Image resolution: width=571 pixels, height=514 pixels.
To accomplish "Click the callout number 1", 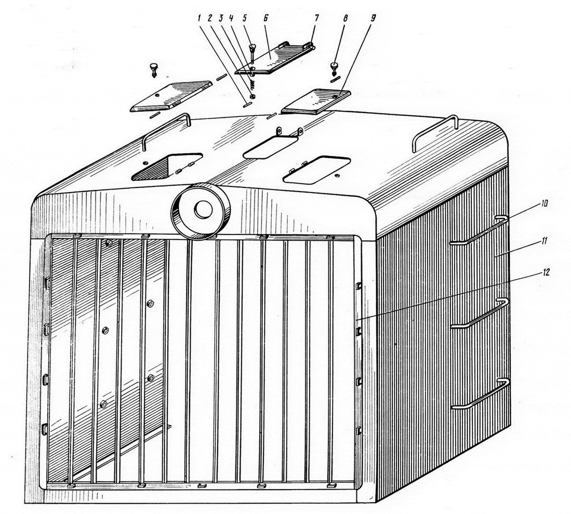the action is (x=200, y=18).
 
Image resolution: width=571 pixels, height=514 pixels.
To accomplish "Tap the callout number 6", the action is (x=265, y=18).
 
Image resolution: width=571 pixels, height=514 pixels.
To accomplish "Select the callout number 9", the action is (x=372, y=18).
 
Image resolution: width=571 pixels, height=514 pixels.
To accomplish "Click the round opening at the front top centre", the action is (x=201, y=210).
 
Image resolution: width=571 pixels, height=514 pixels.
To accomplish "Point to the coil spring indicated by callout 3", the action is (x=251, y=85).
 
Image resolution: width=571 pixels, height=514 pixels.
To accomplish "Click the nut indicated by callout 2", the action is (x=252, y=96).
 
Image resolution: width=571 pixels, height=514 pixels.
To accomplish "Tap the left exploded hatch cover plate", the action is (x=171, y=96).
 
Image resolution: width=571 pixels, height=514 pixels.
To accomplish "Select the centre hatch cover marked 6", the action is (x=274, y=58).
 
